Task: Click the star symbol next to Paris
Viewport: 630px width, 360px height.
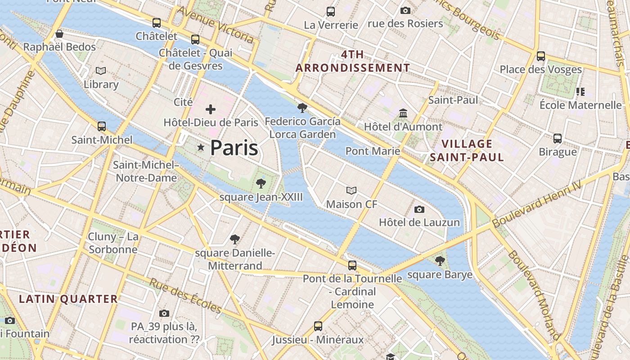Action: pos(201,148)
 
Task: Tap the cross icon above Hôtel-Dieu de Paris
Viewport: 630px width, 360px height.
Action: pos(211,109)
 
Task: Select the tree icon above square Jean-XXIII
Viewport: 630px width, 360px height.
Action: pos(260,183)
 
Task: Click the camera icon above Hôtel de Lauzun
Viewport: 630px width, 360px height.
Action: pos(419,209)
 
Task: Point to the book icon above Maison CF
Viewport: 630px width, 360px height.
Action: pos(351,191)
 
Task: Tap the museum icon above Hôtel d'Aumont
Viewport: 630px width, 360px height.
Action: pos(403,113)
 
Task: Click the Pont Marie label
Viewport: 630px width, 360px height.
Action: pos(373,151)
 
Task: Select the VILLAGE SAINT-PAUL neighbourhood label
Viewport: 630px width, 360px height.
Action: pos(467,150)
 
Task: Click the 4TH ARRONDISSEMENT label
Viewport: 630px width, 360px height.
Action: pos(353,61)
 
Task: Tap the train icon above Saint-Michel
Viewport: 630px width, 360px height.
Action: pos(102,126)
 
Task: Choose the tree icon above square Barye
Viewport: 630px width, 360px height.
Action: pos(440,261)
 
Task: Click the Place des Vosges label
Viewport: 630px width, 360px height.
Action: pos(541,70)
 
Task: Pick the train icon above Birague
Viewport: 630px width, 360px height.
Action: pos(558,138)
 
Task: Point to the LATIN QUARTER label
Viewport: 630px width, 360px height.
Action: pos(68,299)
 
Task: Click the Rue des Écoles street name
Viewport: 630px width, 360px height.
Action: pos(185,296)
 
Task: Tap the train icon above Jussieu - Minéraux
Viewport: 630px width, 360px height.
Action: pos(318,326)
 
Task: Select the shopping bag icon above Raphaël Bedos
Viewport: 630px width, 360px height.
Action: pos(59,34)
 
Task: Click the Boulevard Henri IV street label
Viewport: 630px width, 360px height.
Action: pos(536,204)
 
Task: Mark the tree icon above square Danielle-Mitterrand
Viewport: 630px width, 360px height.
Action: pos(234,239)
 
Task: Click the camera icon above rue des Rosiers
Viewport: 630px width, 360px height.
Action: pos(405,10)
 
